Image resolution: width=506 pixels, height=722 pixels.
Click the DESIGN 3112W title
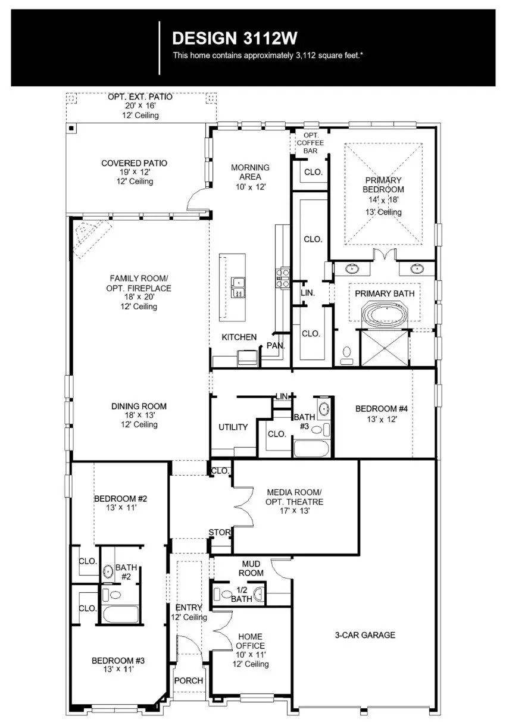coord(234,39)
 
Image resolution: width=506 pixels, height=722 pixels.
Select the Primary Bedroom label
coord(384,185)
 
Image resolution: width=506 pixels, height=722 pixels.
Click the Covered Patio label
coord(135,163)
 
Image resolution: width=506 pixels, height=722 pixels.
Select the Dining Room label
coord(139,407)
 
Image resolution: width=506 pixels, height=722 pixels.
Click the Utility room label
coord(233,427)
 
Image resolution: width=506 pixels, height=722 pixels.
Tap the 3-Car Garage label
coord(365,635)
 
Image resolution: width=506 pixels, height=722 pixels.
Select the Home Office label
coord(250,641)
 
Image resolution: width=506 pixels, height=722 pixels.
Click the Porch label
coord(189,680)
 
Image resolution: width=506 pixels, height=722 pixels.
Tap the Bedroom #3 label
coord(118,660)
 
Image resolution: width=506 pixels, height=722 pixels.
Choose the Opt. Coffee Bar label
coord(310,143)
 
